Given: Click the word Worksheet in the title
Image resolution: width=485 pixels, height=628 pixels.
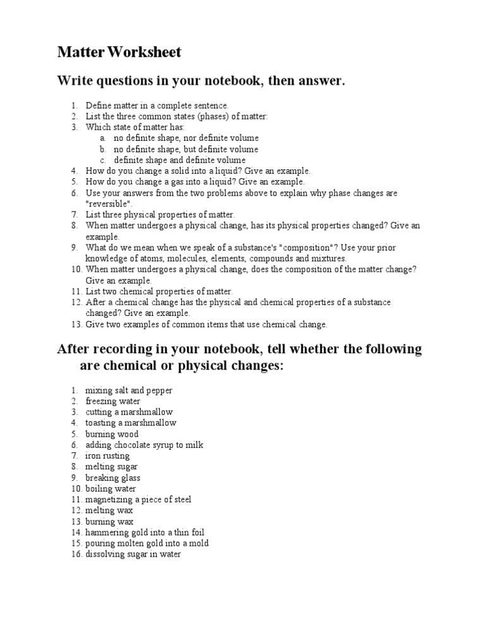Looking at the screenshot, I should coord(145,52).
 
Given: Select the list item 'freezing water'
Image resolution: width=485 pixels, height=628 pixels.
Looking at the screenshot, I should coord(113,401).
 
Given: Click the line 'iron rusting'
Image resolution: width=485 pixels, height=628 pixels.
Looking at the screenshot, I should coord(107,456).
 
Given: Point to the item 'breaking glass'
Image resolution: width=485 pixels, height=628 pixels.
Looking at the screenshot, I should coord(113,478).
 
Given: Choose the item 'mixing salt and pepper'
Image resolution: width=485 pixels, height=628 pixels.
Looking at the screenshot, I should coord(129,390).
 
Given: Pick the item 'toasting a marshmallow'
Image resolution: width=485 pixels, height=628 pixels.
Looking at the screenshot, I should coord(131,423).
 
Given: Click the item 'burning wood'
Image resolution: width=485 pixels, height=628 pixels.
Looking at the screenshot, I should coord(112,434).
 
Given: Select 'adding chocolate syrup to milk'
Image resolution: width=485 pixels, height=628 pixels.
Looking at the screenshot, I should coord(144,445).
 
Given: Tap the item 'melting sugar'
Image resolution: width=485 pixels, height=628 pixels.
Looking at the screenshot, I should coord(111,467).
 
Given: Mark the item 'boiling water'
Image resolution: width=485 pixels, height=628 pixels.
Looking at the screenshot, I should coord(111,488).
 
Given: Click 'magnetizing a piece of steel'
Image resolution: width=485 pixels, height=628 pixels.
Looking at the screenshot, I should coord(138,499).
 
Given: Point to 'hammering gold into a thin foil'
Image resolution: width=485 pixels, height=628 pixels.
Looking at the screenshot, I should coord(145,533).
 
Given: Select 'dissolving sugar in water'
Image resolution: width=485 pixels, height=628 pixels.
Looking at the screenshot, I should coord(133,554).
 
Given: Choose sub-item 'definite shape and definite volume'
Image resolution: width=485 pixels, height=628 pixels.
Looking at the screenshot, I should coord(179,160).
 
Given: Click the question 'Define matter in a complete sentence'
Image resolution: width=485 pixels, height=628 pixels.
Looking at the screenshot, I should coord(157,106).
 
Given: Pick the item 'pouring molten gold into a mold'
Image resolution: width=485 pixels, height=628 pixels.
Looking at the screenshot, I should coord(147,543).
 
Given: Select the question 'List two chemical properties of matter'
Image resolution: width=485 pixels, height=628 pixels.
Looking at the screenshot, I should coord(159,291).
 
